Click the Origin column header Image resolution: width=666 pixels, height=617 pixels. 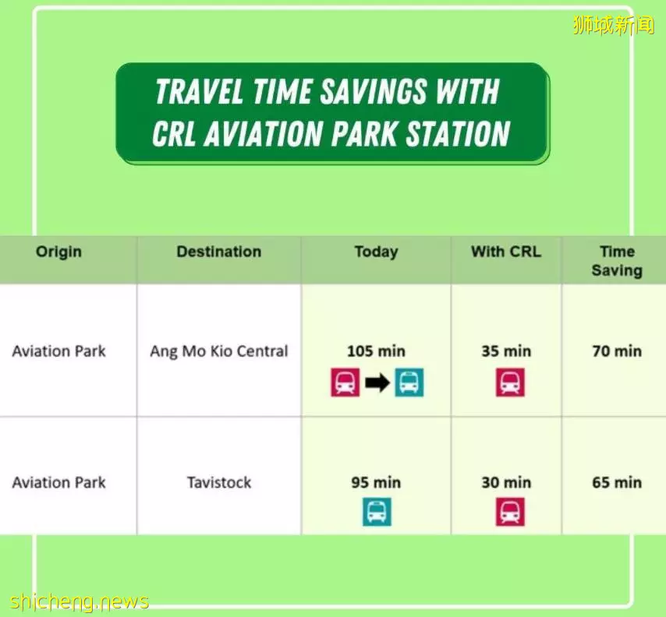(x=58, y=252)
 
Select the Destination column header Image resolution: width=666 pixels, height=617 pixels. (x=218, y=252)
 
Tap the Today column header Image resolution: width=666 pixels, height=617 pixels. (x=377, y=252)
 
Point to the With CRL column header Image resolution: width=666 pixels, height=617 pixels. (x=506, y=252)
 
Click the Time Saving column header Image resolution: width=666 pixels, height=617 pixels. (x=617, y=261)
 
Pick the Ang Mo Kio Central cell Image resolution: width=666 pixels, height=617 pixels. (x=218, y=351)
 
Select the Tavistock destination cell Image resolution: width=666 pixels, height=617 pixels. (x=218, y=482)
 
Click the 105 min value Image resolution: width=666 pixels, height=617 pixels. (x=377, y=351)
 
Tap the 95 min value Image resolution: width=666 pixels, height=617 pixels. (x=377, y=482)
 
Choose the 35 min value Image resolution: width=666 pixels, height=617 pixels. (x=506, y=351)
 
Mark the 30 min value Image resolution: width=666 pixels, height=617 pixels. (x=506, y=482)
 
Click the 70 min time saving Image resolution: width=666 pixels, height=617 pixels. (x=617, y=351)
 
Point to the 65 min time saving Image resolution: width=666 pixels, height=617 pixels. (x=617, y=482)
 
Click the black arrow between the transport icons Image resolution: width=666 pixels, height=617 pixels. (x=377, y=383)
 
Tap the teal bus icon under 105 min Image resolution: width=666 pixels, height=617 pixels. (x=409, y=383)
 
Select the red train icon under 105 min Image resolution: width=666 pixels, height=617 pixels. (x=345, y=383)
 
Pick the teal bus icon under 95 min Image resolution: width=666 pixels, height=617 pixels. (x=377, y=512)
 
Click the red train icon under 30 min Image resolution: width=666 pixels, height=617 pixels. (x=510, y=512)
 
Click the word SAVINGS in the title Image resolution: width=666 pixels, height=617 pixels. (x=374, y=91)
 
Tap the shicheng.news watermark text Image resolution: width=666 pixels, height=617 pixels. (x=79, y=601)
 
